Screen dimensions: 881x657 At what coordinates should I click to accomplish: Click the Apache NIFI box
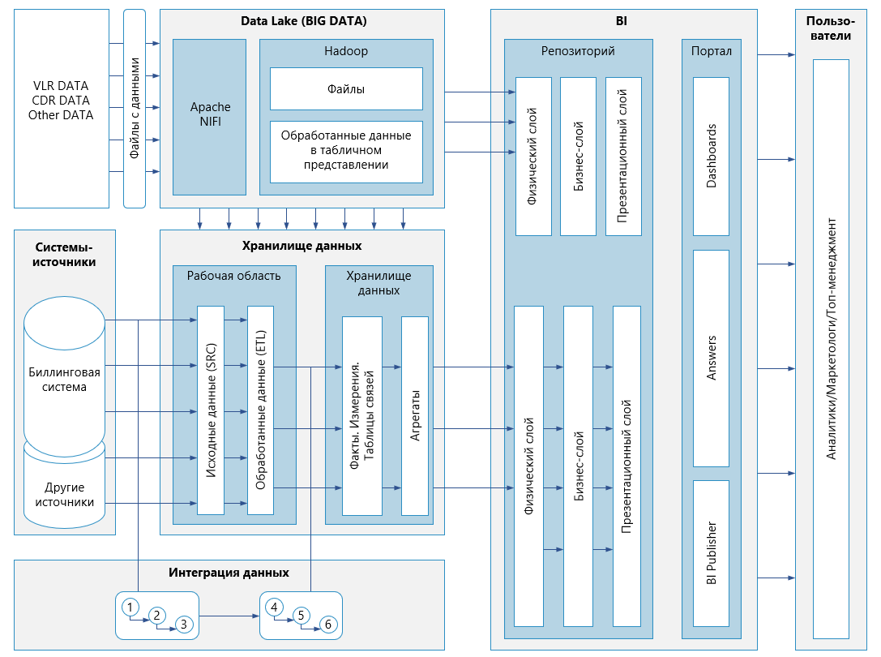(210, 117)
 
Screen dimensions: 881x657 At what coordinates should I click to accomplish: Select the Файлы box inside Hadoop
(346, 89)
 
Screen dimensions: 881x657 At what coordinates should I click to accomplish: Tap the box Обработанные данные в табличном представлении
(346, 152)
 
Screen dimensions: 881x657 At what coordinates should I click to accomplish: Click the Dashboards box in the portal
(712, 157)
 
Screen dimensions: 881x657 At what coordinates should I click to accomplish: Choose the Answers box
(712, 359)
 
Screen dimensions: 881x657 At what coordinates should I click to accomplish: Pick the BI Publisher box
(712, 553)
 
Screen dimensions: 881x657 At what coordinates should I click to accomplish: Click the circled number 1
(130, 608)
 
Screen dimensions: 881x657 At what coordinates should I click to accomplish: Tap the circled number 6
(328, 625)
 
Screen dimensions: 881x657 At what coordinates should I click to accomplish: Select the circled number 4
(274, 608)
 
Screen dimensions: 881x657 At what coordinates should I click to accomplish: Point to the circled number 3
(184, 625)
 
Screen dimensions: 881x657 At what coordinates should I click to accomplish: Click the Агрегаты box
(415, 415)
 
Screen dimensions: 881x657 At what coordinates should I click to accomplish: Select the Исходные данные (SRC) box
(211, 410)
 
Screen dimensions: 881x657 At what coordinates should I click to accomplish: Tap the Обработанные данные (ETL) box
(261, 410)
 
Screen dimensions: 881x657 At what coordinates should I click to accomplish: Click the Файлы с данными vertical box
(135, 109)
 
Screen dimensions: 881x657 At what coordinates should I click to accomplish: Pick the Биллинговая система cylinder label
(64, 380)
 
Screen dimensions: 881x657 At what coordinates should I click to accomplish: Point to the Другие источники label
(65, 495)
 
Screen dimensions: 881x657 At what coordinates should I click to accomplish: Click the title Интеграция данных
(229, 573)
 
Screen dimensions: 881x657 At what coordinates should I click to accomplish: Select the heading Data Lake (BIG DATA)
(303, 21)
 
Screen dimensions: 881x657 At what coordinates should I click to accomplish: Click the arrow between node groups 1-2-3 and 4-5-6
(229, 616)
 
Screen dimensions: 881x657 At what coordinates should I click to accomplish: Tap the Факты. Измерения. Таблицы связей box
(362, 415)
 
